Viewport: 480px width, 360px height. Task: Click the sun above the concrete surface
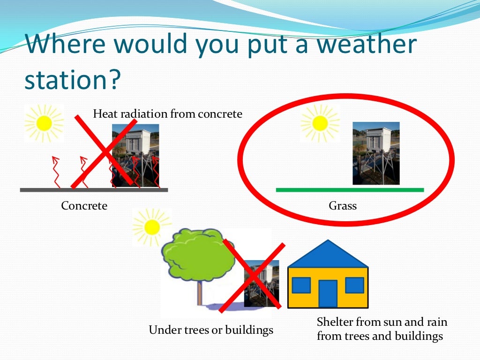click(x=44, y=123)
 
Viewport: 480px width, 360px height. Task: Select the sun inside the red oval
click(x=320, y=123)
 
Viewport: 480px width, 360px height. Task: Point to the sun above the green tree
click(x=152, y=227)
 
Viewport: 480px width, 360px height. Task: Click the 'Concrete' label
click(x=84, y=206)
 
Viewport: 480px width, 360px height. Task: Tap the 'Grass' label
click(x=343, y=206)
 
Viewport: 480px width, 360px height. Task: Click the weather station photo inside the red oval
click(x=376, y=153)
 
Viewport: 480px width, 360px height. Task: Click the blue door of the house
click(x=328, y=293)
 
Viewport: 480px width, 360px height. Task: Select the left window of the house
click(x=301, y=285)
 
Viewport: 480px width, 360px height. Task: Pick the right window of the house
click(x=354, y=285)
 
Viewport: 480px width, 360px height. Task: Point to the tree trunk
click(x=199, y=293)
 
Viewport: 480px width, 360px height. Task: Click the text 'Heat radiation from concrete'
click(x=168, y=114)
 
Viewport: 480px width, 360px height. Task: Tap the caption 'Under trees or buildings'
click(x=211, y=330)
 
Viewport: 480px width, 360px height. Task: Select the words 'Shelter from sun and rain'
click(x=382, y=322)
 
